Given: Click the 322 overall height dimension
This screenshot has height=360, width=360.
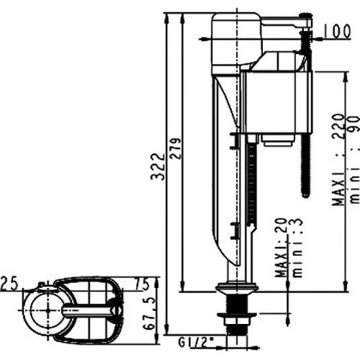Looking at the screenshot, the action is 158,166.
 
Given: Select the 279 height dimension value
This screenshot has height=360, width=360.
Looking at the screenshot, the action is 176,148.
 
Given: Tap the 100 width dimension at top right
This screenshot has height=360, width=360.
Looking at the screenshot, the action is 338,31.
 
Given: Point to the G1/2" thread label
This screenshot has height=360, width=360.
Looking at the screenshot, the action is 193,343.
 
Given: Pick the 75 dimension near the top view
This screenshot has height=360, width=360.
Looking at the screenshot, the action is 142,284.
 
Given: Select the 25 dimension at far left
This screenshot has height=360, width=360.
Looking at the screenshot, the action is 10,283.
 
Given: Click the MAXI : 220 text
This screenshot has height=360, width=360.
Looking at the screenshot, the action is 338,160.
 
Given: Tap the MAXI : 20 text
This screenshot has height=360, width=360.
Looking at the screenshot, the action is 282,248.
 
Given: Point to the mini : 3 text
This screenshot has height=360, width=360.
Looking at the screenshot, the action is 296,248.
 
